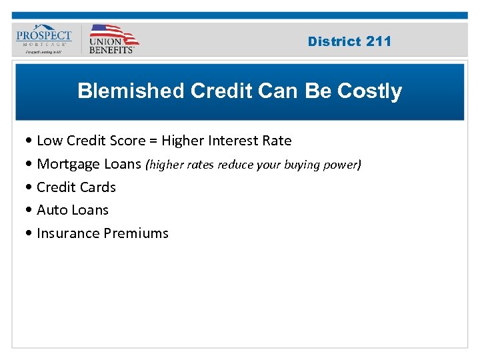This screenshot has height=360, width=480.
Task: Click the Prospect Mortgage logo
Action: (x=44, y=39)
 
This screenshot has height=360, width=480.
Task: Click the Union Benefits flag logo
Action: (x=113, y=39)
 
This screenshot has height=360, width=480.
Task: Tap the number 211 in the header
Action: (x=379, y=41)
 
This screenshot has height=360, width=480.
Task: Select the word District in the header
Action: (x=335, y=41)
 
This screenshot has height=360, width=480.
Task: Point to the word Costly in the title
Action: (x=369, y=91)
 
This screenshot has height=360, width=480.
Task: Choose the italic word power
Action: (x=343, y=164)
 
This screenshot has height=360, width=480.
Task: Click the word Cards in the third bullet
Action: (x=99, y=187)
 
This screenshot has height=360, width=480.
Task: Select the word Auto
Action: (x=51, y=210)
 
